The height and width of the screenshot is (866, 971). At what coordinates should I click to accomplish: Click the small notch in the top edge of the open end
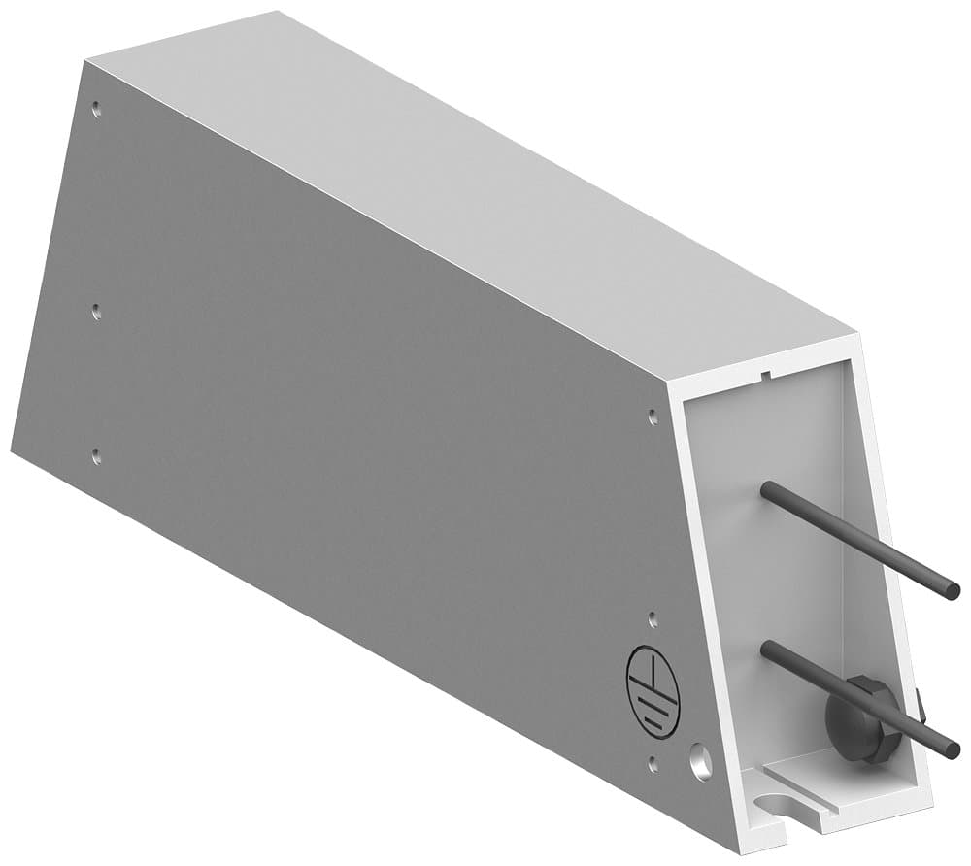point(767,372)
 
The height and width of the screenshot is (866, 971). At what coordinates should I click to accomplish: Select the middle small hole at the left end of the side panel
point(95,312)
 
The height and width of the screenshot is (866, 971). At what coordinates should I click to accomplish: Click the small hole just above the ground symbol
point(653,617)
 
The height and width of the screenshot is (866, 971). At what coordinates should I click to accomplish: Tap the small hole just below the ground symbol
point(653,764)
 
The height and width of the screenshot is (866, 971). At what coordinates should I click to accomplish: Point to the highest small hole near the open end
point(653,416)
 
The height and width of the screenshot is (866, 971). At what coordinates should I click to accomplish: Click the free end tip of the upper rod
point(954,590)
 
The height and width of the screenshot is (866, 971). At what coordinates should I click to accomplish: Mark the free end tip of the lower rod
point(954,749)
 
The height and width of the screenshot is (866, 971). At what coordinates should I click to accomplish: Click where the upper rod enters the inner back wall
point(766,488)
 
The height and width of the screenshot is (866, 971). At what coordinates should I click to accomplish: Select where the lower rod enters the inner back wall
point(767,648)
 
